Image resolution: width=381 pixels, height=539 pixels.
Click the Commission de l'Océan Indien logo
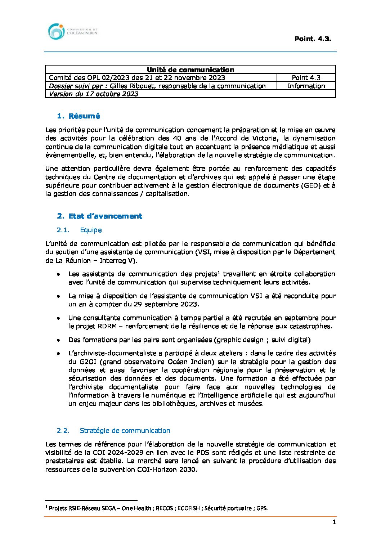pos(72,32)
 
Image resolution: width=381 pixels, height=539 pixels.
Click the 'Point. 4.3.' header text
pos(312,39)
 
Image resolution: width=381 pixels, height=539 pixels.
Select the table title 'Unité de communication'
pos(190,69)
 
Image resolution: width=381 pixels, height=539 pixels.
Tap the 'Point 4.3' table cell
pos(306,77)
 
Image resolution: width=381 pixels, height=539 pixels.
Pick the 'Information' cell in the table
pos(306,86)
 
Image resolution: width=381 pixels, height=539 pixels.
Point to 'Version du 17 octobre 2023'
pos(94,94)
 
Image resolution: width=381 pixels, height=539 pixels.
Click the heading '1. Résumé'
pos(79,116)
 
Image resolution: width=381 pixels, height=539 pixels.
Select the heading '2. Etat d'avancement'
pos(99,216)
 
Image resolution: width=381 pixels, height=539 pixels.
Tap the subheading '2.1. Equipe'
pos(79,230)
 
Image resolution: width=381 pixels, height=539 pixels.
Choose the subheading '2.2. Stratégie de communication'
pos(113,431)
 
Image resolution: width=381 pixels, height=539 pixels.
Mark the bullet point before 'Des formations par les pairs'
pos(58,340)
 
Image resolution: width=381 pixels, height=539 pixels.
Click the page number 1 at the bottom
pos(334,522)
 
